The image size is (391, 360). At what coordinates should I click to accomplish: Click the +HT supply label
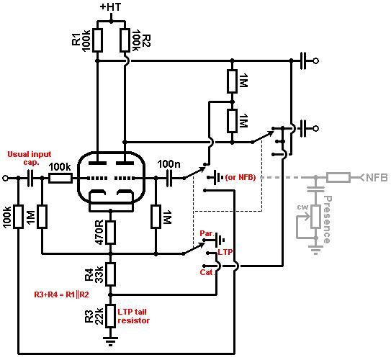tap(110, 6)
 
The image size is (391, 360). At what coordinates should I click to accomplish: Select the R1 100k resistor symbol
tap(97, 40)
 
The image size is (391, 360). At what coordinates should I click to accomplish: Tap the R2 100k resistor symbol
tap(125, 40)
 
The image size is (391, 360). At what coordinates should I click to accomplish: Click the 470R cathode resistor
tap(110, 232)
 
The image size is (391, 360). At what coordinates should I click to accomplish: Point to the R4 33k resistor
tap(110, 274)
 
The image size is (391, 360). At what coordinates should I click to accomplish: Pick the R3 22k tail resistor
tap(110, 315)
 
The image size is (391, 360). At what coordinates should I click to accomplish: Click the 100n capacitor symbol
tap(169, 178)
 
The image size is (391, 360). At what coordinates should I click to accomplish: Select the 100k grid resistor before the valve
tap(60, 178)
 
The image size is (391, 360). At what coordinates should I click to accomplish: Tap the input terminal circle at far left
tap(5, 178)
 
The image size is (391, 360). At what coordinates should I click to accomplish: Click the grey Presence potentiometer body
tap(316, 217)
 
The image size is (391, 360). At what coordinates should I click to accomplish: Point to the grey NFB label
tap(377, 178)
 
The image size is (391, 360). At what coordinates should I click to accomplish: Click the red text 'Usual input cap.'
tap(30, 158)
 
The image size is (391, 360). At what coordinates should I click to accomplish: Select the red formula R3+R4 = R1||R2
tap(61, 294)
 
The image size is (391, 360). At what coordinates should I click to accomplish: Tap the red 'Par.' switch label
tap(207, 233)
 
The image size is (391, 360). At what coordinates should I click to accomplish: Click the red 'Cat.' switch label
tap(207, 272)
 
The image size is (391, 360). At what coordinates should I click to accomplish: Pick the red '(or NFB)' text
tap(241, 178)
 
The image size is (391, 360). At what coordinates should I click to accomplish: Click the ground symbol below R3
tap(110, 341)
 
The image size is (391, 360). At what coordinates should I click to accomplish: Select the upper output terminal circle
tap(315, 60)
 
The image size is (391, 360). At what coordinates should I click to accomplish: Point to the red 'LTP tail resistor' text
tap(134, 316)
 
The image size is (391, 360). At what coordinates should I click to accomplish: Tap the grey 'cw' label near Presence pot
tap(302, 207)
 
